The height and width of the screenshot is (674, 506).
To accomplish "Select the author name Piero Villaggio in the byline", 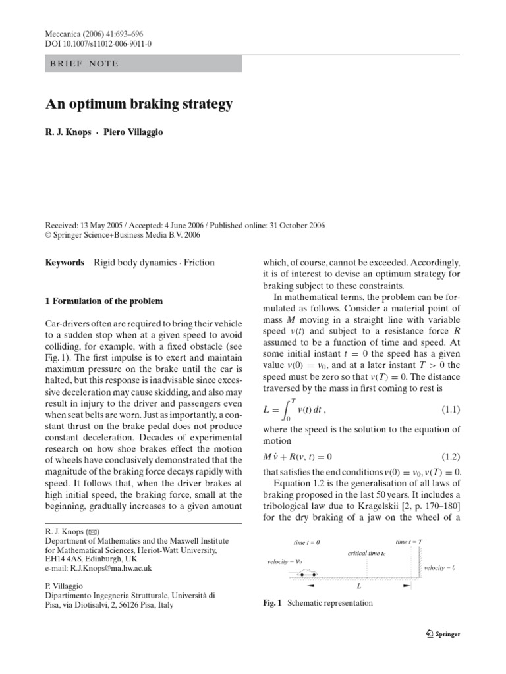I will (134, 132).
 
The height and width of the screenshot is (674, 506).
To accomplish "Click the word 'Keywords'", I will (64, 263).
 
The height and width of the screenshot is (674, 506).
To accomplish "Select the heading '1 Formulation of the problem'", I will (103, 301).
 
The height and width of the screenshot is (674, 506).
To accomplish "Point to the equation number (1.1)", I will (451, 410).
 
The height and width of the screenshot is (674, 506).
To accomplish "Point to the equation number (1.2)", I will (451, 456).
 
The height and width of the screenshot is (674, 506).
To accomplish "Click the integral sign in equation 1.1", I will (285, 409).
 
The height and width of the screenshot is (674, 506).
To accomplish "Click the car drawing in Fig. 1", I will (302, 575).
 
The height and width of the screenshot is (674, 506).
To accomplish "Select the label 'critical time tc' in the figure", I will (366, 553).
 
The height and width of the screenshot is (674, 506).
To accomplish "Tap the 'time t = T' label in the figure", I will (409, 542).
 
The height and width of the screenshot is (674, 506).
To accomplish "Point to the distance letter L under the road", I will (358, 584).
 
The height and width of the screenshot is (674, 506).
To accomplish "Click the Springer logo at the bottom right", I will (442, 635).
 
